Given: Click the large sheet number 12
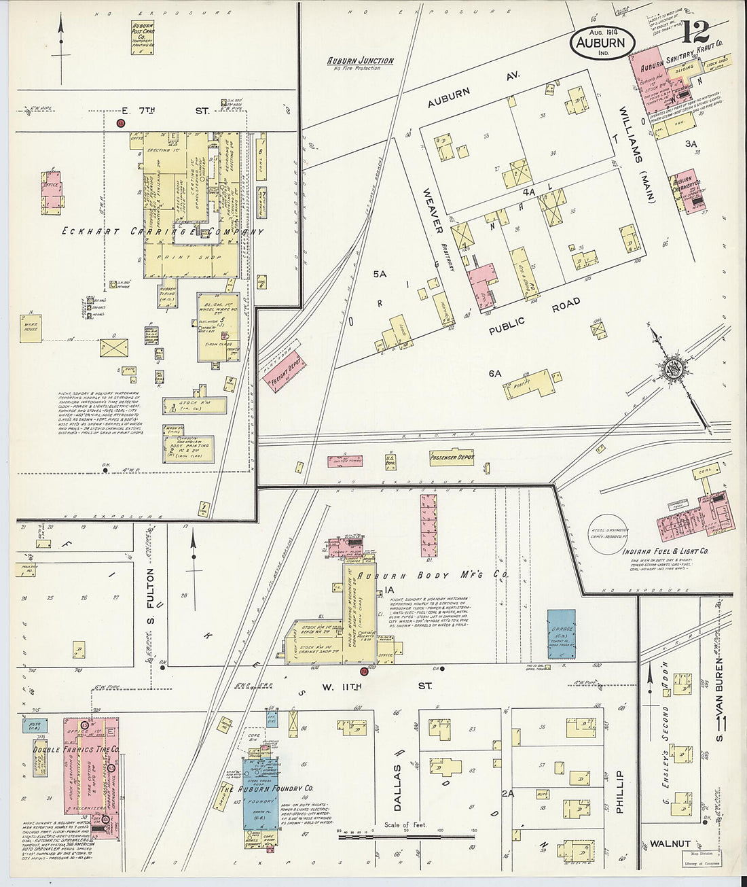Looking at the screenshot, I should (x=697, y=33).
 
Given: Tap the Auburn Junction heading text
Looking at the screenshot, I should (x=360, y=60).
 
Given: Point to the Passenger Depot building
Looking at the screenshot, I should (x=451, y=458).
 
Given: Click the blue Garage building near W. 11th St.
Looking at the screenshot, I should (x=562, y=633).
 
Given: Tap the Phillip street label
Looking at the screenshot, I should (x=619, y=791).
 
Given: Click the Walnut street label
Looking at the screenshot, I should (x=670, y=843).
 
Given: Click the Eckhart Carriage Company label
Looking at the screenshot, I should (x=144, y=232).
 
